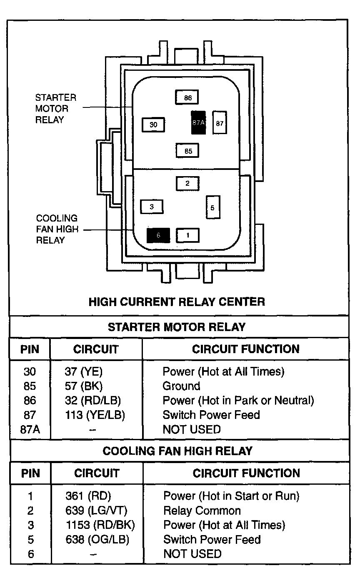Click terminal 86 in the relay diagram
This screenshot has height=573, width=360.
(187, 97)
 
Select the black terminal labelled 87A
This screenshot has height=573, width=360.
(198, 122)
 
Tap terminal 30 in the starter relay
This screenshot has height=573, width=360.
(154, 125)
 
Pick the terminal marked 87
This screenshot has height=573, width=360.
(220, 122)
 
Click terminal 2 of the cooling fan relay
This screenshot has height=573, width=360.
(187, 183)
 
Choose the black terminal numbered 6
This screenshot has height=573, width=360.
(158, 235)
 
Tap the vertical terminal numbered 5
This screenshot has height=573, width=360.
(212, 207)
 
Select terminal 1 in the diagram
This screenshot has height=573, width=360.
(187, 235)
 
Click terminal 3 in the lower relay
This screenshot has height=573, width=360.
(152, 207)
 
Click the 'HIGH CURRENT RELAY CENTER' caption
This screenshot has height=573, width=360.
(177, 301)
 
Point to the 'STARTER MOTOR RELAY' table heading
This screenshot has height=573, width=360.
(177, 327)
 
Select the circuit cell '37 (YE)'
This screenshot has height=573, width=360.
(83, 371)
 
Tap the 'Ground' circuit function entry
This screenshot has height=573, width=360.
(181, 386)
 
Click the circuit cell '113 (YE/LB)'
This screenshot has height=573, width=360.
(95, 415)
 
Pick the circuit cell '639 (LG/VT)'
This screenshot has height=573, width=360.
(96, 511)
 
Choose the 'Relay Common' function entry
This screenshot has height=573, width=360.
(202, 511)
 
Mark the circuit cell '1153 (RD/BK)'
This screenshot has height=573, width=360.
(100, 525)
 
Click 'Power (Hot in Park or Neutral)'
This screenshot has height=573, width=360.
(238, 401)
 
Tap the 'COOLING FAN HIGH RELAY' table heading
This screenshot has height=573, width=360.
(177, 451)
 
